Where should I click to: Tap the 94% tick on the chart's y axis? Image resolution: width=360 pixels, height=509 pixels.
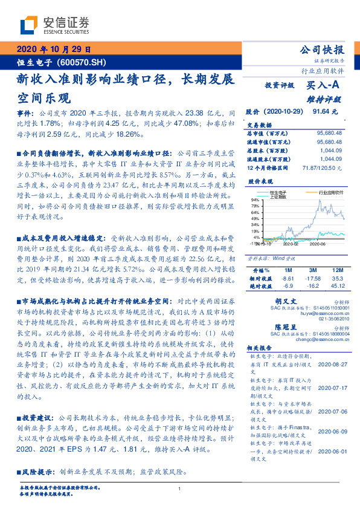tap(256, 198)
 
